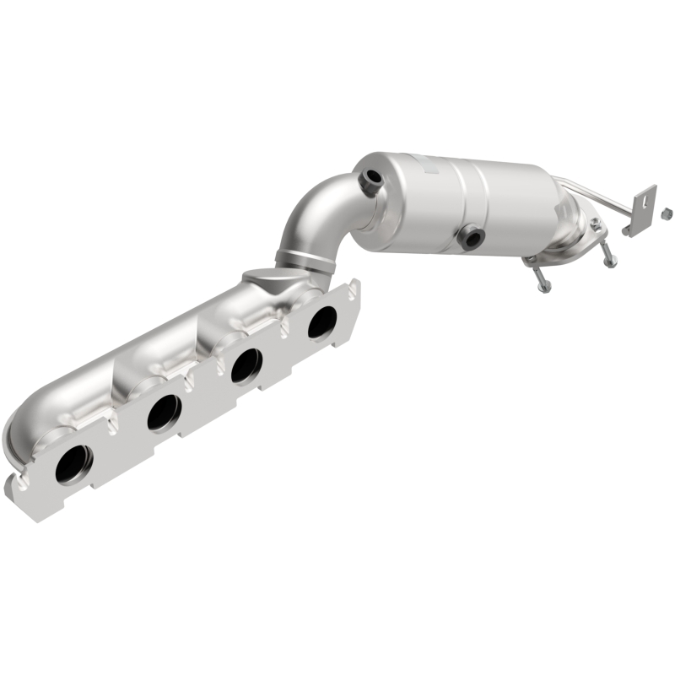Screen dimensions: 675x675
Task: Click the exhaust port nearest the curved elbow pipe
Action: click(321, 322)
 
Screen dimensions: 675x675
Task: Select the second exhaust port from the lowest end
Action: click(162, 412)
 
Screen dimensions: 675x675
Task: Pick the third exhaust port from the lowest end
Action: click(246, 365)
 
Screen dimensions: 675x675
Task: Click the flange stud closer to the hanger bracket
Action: click(607, 253)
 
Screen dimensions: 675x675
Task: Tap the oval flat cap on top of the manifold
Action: click(261, 277)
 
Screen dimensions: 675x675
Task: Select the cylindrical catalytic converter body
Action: click(456, 198)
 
